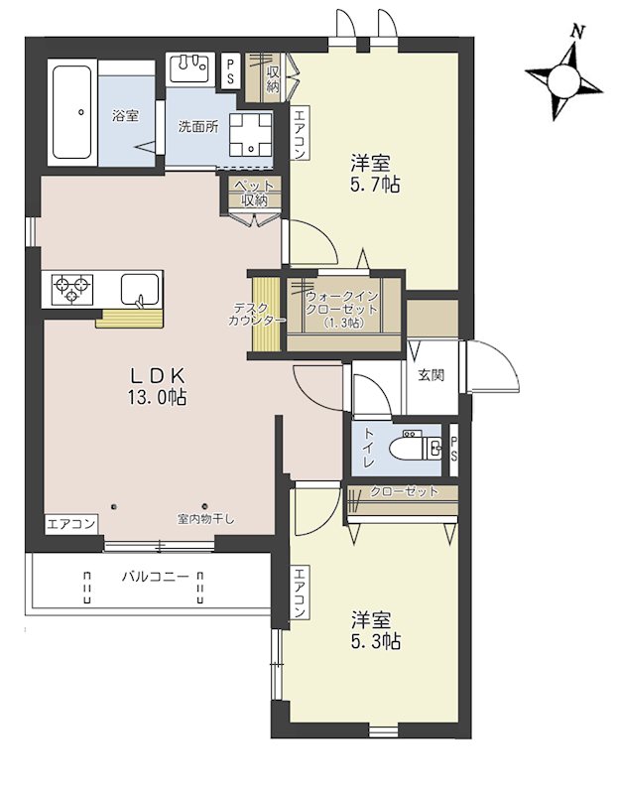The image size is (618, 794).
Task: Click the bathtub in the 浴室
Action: [72, 112]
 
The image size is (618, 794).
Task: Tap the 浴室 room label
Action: [126, 115]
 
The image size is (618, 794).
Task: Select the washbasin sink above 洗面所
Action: [189, 67]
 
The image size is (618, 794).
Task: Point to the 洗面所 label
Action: [198, 127]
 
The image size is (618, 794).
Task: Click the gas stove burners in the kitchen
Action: [72, 289]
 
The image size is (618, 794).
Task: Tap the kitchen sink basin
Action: [140, 289]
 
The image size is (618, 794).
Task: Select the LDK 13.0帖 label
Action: [158, 386]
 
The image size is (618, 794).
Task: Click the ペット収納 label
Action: [254, 193]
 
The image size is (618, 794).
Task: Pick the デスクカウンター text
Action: [256, 314]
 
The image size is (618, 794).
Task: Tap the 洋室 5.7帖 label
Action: [375, 174]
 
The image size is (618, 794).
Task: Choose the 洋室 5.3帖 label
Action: [376, 629]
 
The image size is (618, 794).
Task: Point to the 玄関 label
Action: [432, 375]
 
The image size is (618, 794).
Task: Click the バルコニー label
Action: [156, 577]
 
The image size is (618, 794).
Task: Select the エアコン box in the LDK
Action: [70, 524]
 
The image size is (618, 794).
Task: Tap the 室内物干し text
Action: [205, 519]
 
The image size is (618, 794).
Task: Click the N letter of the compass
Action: [576, 33]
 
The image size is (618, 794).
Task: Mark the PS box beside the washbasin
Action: [231, 71]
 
